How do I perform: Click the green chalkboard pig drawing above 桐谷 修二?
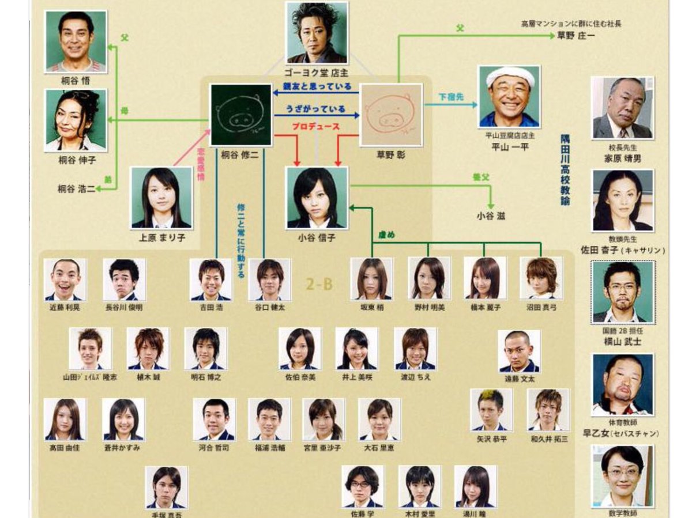click(x=240, y=114)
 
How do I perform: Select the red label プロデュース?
click(x=315, y=127)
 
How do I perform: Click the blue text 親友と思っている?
click(x=317, y=87)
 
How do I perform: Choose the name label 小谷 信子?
click(x=317, y=237)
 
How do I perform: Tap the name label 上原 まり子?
click(x=161, y=237)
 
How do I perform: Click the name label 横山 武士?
click(x=622, y=342)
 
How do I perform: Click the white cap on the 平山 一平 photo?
click(x=510, y=74)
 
